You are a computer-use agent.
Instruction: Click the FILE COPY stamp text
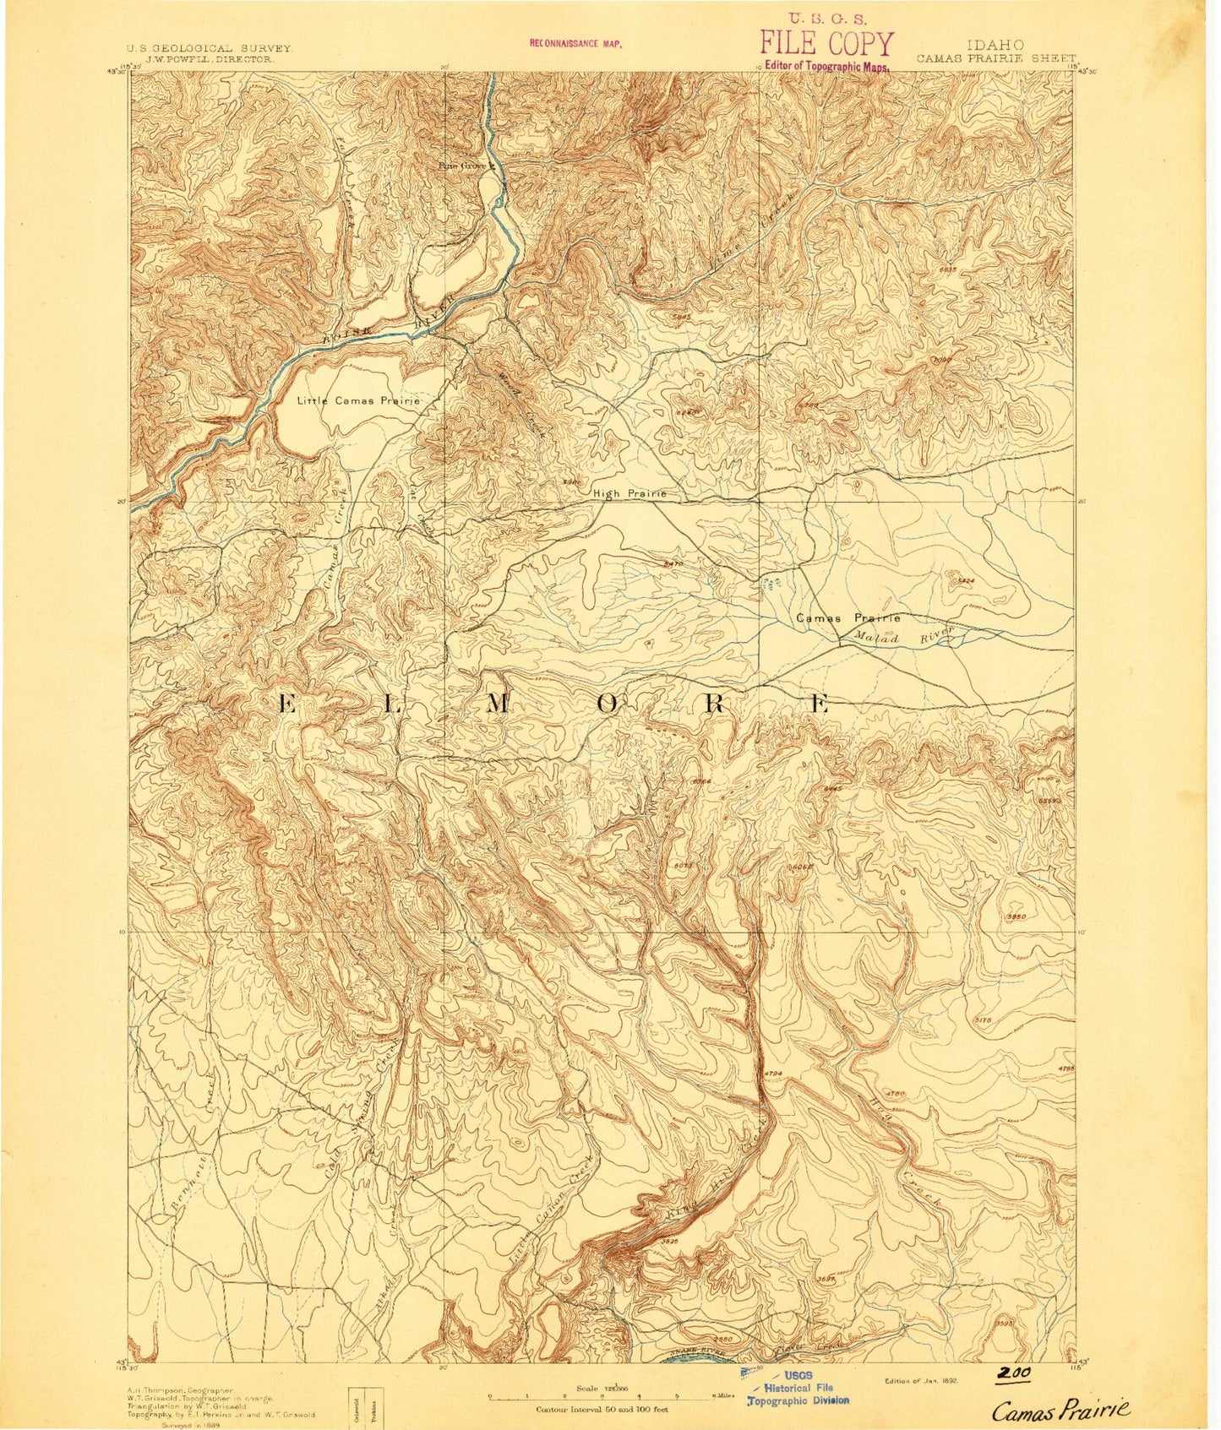[x=826, y=43]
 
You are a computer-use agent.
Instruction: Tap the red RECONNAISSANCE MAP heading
[x=575, y=42]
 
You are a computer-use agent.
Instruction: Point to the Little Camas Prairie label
[x=358, y=400]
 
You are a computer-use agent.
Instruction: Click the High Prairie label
[x=630, y=493]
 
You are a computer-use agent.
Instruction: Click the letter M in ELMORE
[x=497, y=704]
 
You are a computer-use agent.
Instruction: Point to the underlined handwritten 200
[x=1012, y=1373]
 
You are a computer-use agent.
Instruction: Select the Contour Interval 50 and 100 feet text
[x=602, y=1410]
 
